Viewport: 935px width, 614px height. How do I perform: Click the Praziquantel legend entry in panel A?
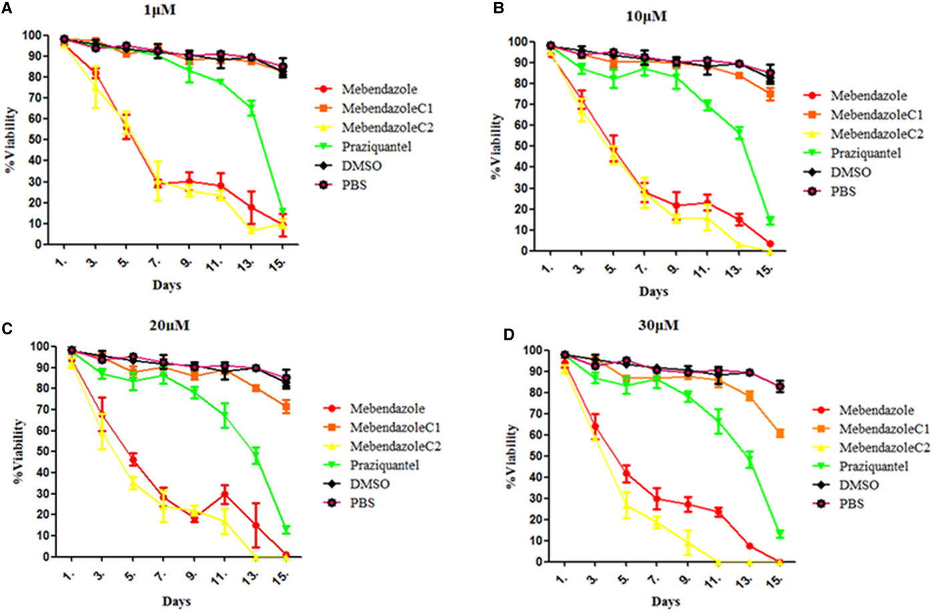(x=376, y=147)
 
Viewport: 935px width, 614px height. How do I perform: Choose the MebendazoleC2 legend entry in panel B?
(x=876, y=134)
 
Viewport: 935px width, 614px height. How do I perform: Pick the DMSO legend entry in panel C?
(x=369, y=484)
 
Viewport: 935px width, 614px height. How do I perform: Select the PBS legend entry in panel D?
(x=851, y=504)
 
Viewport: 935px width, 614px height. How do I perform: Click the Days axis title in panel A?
(x=167, y=286)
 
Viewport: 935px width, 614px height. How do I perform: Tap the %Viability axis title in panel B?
(x=498, y=147)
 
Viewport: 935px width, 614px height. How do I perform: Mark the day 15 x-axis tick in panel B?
(x=768, y=268)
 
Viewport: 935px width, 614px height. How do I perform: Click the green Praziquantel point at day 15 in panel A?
(x=283, y=212)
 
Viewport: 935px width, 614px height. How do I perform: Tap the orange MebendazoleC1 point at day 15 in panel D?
(x=780, y=434)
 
